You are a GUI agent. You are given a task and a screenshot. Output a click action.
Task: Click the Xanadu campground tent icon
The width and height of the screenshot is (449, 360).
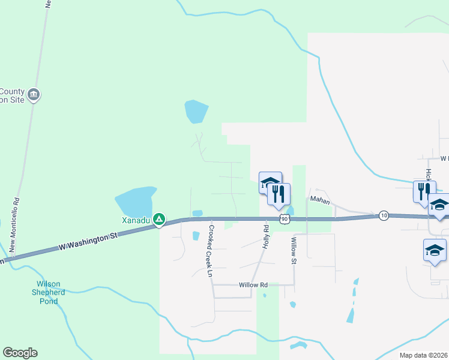tap(159, 220)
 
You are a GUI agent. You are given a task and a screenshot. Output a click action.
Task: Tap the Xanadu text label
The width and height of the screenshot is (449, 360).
tap(136, 220)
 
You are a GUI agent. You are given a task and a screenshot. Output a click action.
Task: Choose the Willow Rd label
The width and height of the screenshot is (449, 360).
tap(252, 285)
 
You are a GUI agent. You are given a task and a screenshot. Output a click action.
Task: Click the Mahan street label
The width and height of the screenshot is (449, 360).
tap(320, 201)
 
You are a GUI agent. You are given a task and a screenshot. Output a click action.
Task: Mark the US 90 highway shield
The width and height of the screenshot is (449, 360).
tap(285, 219)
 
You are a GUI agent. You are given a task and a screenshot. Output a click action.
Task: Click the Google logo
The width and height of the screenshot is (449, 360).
tap(20, 352)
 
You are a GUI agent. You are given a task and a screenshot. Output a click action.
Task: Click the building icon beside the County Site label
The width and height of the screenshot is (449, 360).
tap(34, 95)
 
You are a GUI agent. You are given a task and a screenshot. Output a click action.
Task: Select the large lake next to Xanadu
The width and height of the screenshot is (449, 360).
tap(135, 201)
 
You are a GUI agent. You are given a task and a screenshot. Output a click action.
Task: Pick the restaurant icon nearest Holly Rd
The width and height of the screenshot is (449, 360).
tap(279, 194)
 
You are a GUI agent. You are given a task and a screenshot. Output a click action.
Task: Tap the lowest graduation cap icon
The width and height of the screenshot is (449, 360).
tap(435, 251)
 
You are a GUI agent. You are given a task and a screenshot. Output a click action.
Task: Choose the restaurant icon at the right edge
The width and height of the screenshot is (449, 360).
tap(423, 191)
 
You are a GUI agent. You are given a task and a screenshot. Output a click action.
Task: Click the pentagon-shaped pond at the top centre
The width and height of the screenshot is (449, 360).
tap(196, 112)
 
